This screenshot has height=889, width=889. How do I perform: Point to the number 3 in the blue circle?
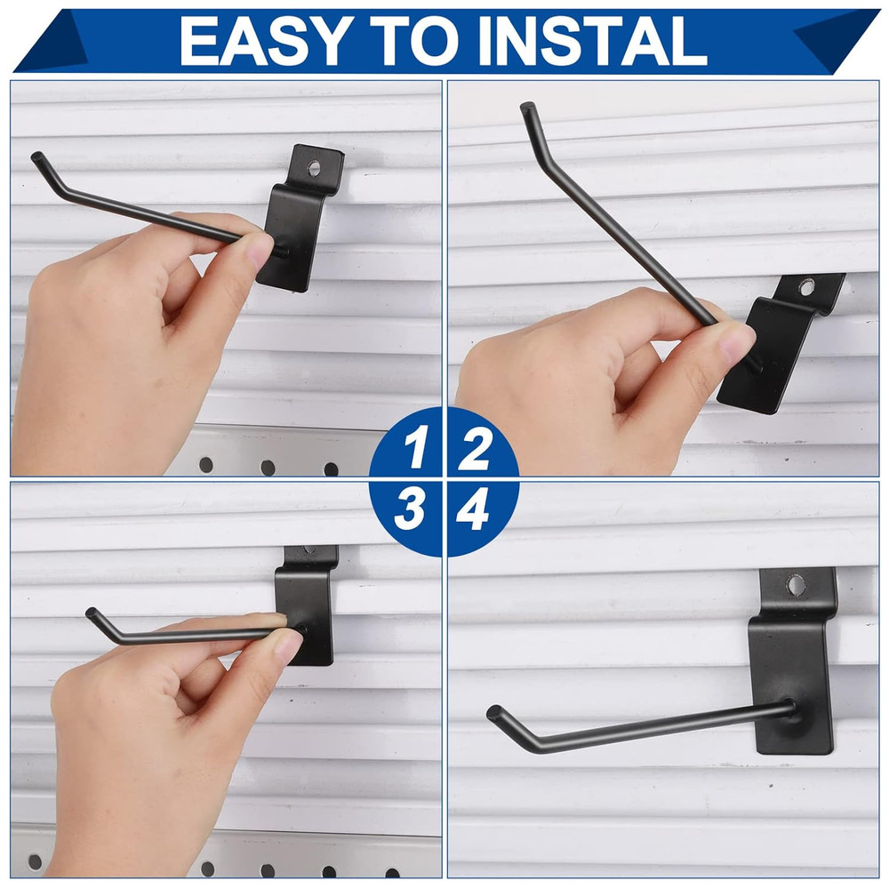point(412,512)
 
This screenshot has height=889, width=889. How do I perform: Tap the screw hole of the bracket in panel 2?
point(806,287)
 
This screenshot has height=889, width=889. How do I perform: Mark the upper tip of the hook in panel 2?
point(526,108)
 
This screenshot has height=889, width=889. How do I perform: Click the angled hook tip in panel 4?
point(494,712)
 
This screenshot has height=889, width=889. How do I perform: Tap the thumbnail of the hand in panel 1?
point(259,251)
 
